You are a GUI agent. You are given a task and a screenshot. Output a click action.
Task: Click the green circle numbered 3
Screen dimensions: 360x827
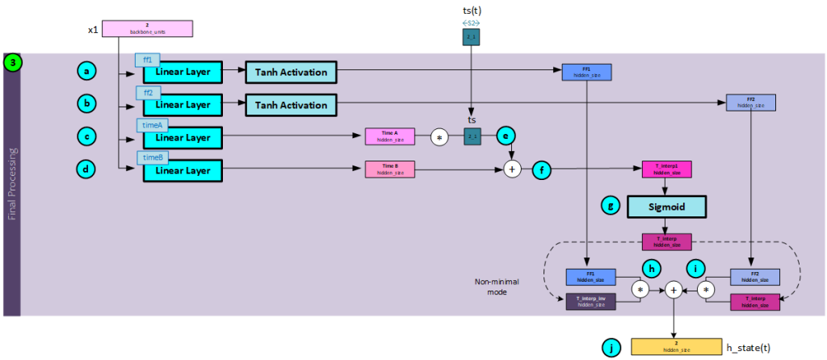(x=14, y=62)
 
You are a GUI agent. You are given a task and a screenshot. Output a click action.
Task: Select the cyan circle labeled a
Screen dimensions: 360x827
(x=87, y=72)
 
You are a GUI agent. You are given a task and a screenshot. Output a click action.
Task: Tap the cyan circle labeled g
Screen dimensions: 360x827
(x=612, y=206)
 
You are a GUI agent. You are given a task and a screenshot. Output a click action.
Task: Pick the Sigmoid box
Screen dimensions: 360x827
(x=666, y=206)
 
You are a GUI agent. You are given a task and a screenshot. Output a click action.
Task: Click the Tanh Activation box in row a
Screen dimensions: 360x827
(x=291, y=72)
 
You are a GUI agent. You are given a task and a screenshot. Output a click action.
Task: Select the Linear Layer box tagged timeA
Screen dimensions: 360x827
(x=183, y=137)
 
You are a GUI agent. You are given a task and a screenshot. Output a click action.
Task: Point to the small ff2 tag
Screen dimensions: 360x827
(x=148, y=93)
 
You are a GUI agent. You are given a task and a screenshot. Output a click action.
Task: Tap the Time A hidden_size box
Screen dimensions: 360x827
(x=389, y=136)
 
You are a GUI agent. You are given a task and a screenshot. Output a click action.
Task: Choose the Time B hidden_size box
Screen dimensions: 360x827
(x=389, y=169)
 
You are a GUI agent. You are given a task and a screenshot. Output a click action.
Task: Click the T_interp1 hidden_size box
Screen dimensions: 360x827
(x=666, y=170)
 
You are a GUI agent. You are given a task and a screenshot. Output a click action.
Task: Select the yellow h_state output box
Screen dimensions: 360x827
(x=676, y=347)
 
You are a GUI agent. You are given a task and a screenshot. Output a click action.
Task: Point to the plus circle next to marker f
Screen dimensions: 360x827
(x=510, y=169)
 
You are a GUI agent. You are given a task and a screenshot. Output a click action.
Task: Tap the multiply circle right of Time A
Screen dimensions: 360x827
(x=439, y=136)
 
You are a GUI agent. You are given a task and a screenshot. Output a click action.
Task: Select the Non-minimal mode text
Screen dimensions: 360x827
(x=497, y=287)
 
